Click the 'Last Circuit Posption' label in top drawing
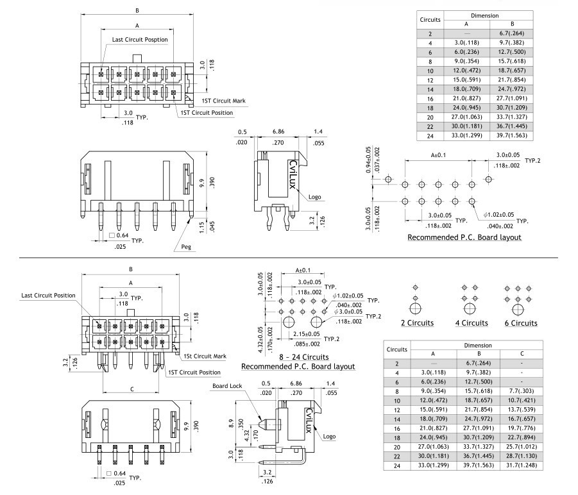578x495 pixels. click(x=140, y=39)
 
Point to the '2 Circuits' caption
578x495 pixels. click(x=417, y=323)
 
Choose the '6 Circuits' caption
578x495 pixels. click(x=520, y=323)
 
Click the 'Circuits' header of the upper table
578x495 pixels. click(x=430, y=19)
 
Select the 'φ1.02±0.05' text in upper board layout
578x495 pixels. click(x=500, y=214)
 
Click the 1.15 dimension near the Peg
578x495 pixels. click(x=201, y=226)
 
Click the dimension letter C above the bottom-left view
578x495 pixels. click(x=132, y=389)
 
